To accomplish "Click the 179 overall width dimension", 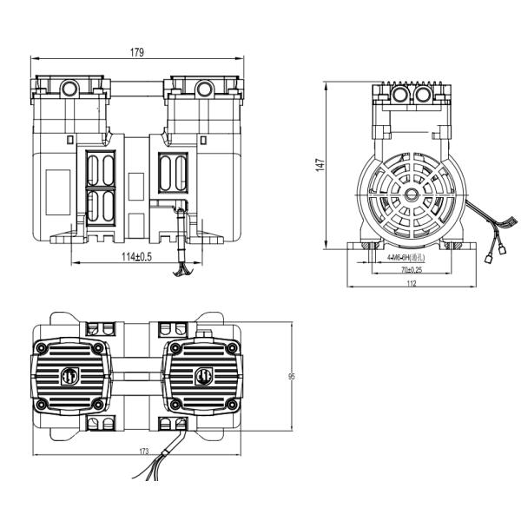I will [137, 53].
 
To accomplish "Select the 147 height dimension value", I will [319, 165].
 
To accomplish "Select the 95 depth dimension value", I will [291, 377].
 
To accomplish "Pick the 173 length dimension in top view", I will [143, 451].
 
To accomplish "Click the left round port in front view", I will [70, 88].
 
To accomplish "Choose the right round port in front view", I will [203, 88].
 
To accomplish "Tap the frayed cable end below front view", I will [182, 272].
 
